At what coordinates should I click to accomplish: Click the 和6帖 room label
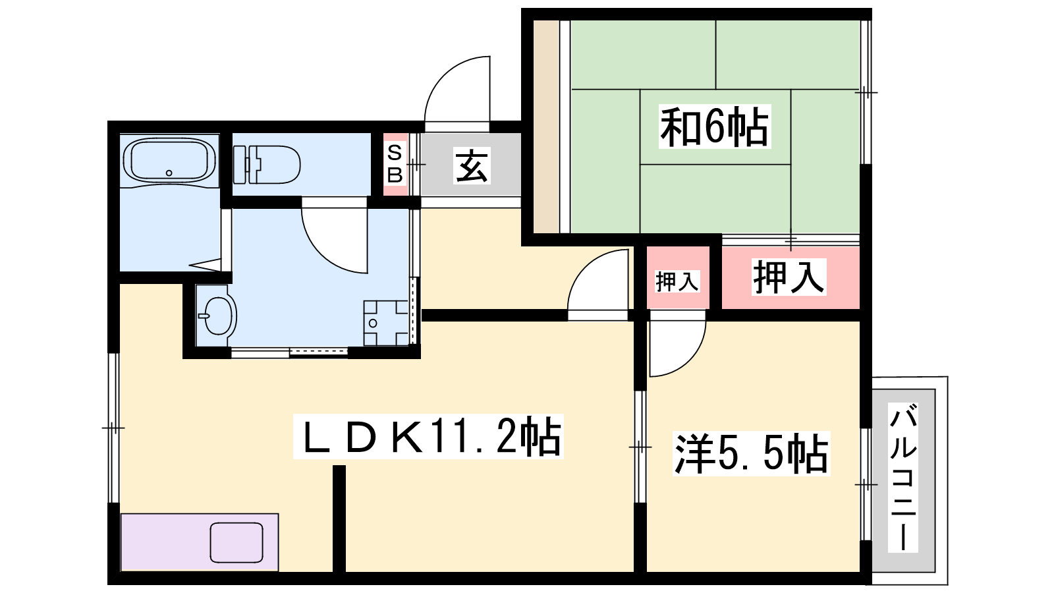tap(714, 127)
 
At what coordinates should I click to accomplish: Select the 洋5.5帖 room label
tap(751, 453)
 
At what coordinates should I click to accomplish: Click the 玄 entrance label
tap(472, 165)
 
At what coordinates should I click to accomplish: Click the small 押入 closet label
tap(677, 281)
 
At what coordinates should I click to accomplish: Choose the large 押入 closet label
tap(789, 277)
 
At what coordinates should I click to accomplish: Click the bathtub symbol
tap(169, 161)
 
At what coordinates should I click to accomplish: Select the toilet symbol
tap(267, 164)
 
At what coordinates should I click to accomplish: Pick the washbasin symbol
tap(216, 316)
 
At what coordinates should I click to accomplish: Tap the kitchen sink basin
tap(236, 542)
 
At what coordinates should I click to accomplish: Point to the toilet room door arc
tap(333, 240)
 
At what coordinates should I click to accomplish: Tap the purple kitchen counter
tap(165, 542)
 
